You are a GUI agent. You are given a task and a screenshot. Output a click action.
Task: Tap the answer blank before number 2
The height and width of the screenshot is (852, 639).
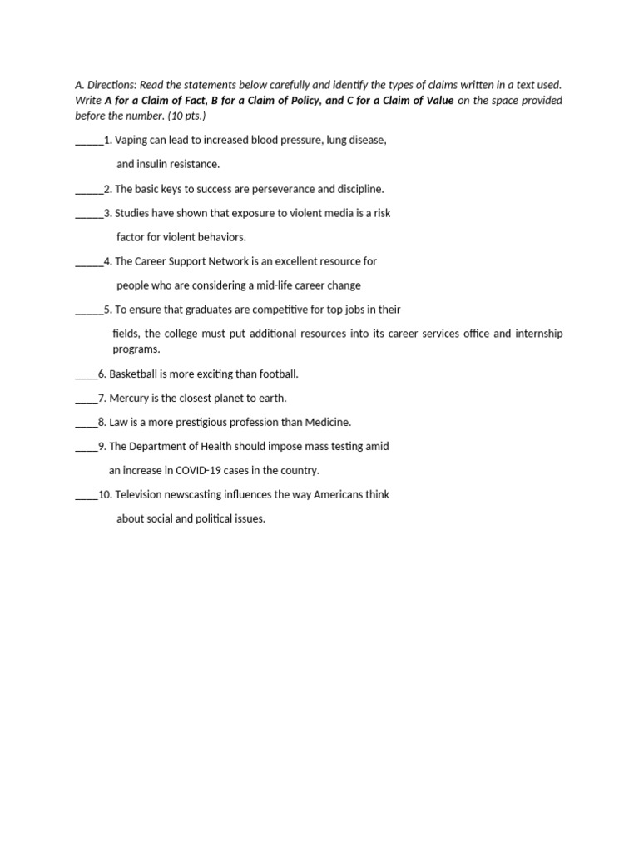point(89,190)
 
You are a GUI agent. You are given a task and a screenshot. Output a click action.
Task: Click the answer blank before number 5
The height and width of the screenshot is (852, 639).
point(89,310)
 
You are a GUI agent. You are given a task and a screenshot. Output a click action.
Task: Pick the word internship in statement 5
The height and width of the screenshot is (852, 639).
point(539,334)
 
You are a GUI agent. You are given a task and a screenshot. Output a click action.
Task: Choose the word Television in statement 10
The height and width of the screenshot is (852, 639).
point(140,494)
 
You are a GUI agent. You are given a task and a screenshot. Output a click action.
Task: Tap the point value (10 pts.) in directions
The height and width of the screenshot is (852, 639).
point(178,116)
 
